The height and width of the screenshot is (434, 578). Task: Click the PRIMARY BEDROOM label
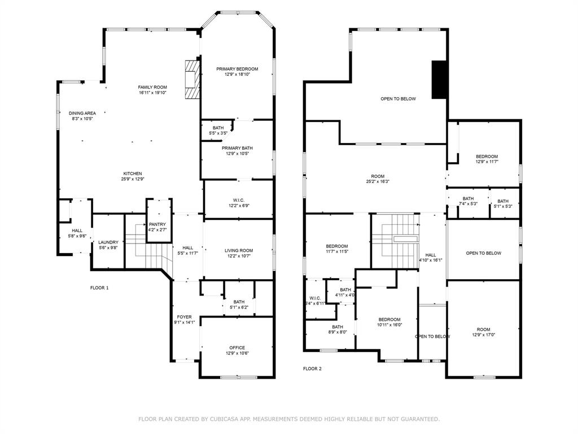pos(237,69)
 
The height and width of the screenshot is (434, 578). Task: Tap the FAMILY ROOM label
pos(152,87)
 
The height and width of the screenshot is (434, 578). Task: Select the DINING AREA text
pos(82,113)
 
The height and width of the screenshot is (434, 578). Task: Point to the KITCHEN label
pos(133,173)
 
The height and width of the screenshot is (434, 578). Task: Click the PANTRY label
pos(157,224)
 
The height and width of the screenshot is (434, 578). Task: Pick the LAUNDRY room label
pos(108,242)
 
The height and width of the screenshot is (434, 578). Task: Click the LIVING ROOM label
pos(239,250)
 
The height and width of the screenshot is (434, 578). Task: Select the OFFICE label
pos(237,348)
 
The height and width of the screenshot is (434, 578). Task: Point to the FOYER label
pos(184,317)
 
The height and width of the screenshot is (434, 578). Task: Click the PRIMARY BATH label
pos(237,147)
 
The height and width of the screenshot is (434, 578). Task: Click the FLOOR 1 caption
pos(99,288)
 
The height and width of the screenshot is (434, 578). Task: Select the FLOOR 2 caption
pos(312,368)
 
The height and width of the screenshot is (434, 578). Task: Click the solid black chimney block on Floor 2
pos(439,80)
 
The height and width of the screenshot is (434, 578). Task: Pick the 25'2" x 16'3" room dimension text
pos(378,181)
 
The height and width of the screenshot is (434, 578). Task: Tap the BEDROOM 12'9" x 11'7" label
pos(487,157)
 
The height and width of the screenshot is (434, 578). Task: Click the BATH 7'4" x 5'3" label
pos(468,198)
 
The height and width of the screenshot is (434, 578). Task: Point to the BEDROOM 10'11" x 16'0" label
pos(389,319)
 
